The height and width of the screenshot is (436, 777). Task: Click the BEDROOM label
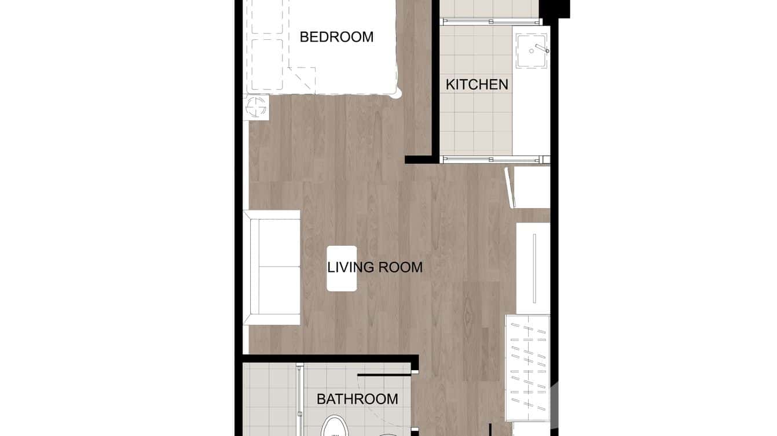(x=336, y=37)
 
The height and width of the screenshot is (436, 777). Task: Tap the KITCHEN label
(x=477, y=84)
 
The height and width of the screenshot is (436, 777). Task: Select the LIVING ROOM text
(x=375, y=267)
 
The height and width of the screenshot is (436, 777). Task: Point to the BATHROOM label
(x=357, y=399)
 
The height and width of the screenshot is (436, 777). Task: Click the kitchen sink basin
(x=531, y=51)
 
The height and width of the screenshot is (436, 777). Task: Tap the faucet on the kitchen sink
(x=541, y=48)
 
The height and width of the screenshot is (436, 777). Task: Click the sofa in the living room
(x=272, y=267)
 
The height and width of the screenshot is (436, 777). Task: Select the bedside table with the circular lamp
(x=256, y=108)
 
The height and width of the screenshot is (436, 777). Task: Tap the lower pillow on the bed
(x=267, y=64)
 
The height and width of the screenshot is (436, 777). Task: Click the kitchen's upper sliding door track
(x=492, y=22)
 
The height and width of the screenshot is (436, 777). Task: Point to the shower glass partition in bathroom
(x=299, y=390)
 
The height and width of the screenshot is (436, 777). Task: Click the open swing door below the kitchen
(x=510, y=187)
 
